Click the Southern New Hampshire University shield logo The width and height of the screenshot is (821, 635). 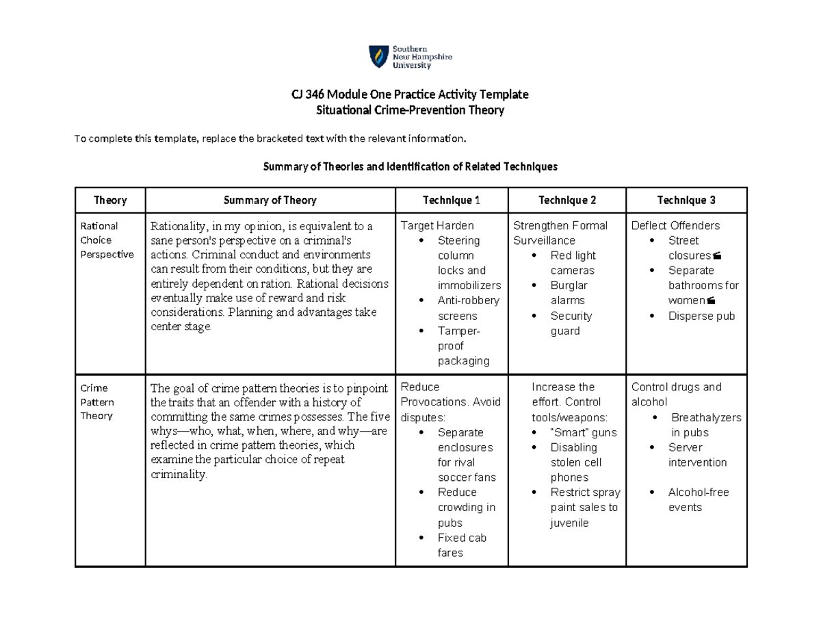tap(377, 57)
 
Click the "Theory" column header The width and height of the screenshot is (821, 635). tap(110, 200)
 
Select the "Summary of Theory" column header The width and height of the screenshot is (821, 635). tap(270, 200)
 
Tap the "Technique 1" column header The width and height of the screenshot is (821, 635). tap(452, 200)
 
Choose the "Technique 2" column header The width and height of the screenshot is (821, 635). tap(567, 200)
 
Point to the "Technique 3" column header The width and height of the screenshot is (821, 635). tap(686, 200)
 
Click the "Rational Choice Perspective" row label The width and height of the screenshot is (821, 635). tap(100, 240)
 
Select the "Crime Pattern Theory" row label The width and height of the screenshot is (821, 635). tap(95, 401)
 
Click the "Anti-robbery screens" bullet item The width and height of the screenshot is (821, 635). tap(468, 308)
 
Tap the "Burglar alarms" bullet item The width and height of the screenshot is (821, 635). tap(569, 293)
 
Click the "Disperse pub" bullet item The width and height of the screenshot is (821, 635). tap(701, 316)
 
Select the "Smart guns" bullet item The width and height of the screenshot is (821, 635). tap(583, 432)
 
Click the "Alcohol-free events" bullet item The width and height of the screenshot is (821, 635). tap(698, 499)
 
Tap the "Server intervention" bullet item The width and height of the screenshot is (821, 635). tap(697, 455)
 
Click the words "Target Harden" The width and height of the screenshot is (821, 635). tap(437, 225)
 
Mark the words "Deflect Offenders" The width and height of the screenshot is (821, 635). tap(675, 225)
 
